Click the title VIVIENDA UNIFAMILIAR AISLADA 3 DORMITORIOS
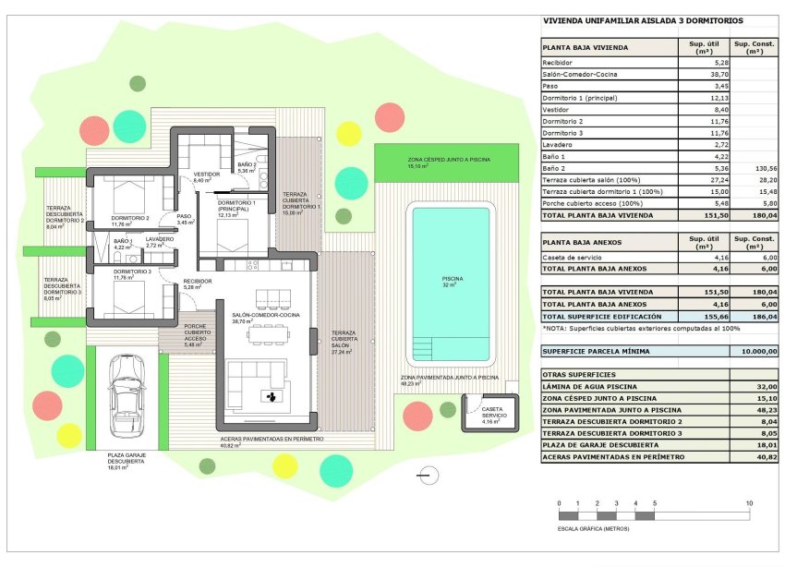(643, 20)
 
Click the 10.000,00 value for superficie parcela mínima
(755, 351)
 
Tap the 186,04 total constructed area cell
(755, 316)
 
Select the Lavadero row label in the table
(559, 145)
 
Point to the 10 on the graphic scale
(748, 503)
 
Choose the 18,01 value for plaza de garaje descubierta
(755, 445)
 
